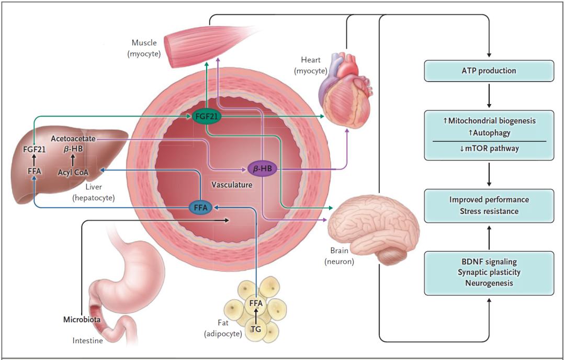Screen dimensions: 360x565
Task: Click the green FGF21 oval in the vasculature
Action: coord(206,116)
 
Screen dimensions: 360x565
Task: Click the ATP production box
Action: coord(489,71)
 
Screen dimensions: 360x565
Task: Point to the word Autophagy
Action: coord(489,133)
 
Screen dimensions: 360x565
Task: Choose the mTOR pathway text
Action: coord(489,148)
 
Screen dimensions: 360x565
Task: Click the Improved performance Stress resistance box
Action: coord(489,206)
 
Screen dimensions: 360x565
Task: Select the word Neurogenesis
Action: coord(489,283)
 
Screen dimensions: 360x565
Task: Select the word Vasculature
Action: coord(232,185)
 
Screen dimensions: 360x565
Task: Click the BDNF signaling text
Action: coord(489,261)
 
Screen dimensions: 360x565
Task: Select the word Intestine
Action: coord(87,341)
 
